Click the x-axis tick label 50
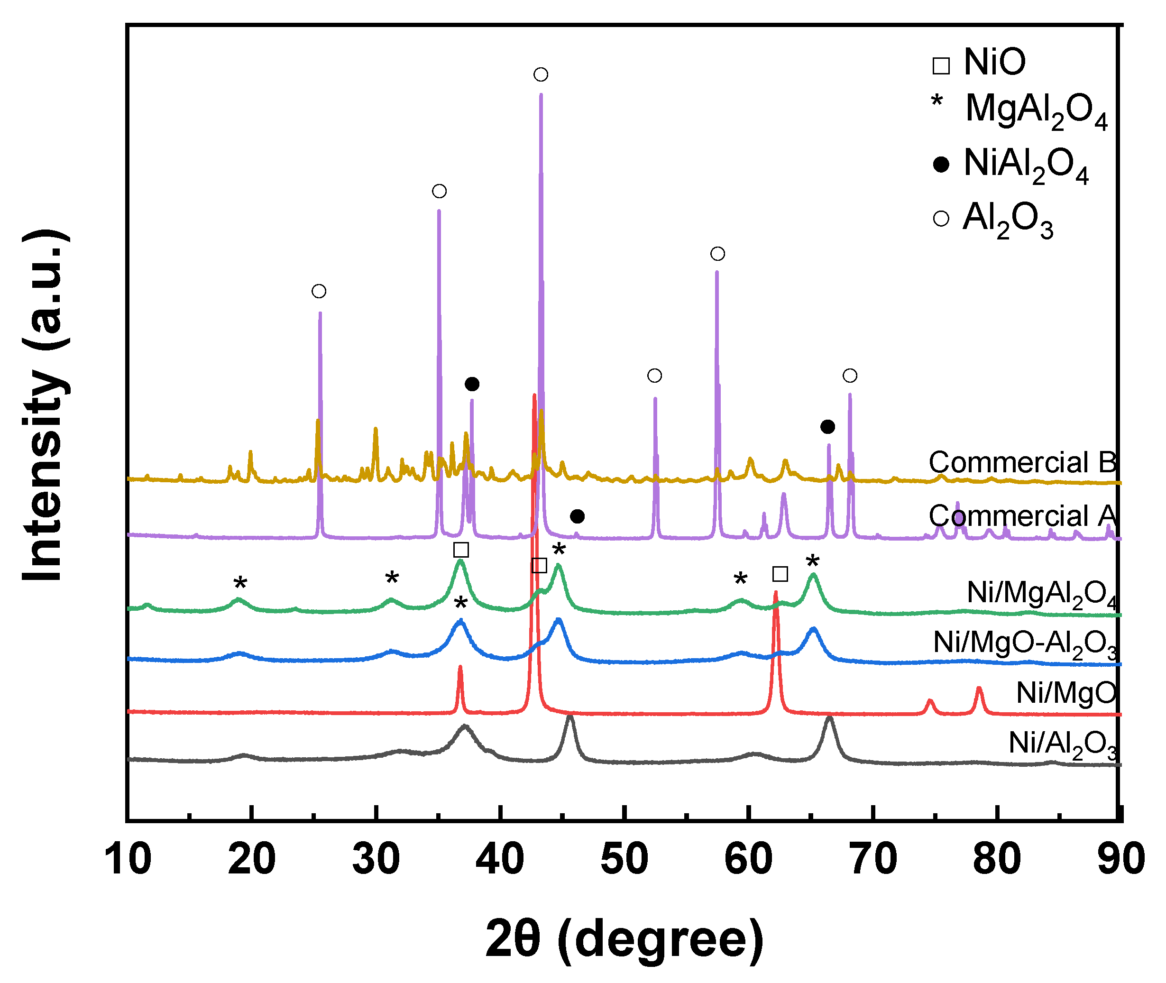(624, 859)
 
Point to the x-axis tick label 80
(997, 859)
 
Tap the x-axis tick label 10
(127, 859)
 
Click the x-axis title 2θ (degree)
(624, 939)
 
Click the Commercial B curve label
(1022, 462)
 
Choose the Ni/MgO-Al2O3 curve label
(1025, 643)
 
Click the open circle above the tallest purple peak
(541, 74)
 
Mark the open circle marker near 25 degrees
(319, 291)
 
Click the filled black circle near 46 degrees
(578, 516)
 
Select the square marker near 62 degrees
(780, 574)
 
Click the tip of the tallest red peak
(534, 395)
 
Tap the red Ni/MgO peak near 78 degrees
(979, 689)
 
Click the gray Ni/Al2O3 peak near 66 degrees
(829, 719)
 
